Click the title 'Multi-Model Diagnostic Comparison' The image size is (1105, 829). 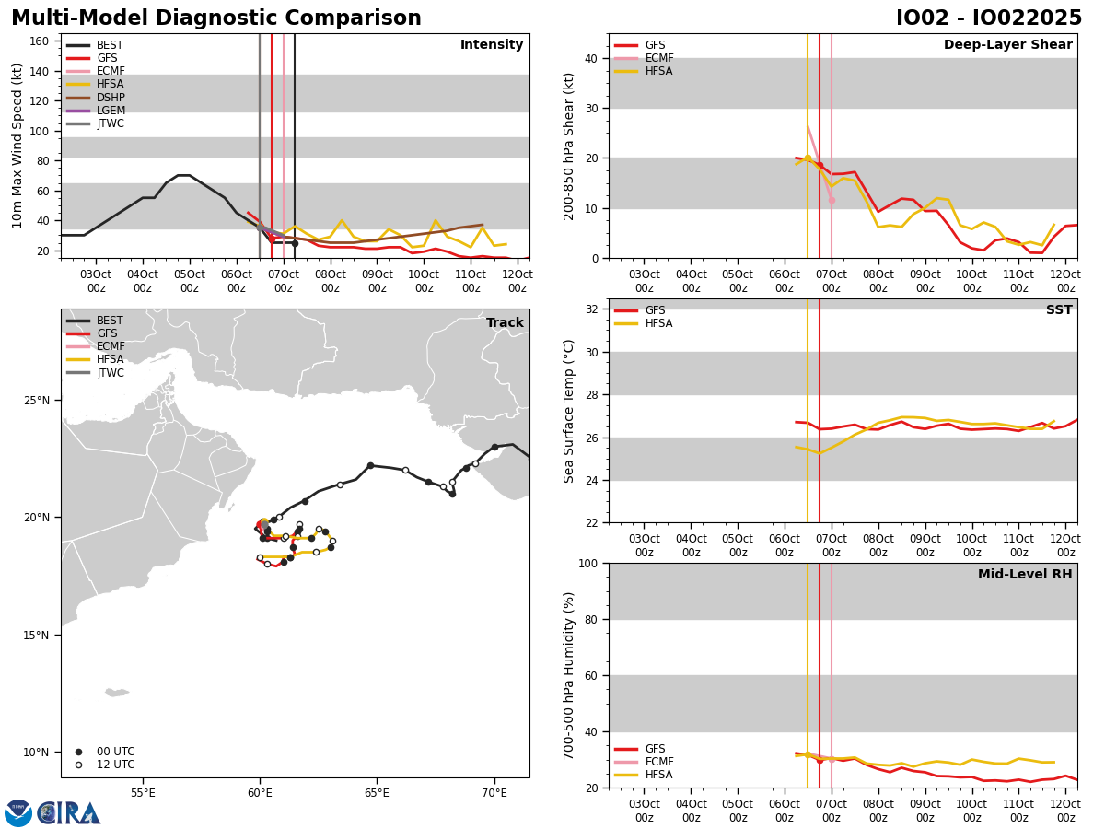tap(216, 18)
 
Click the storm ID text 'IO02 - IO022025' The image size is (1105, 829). tap(989, 18)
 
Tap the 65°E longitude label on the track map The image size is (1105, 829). tap(377, 792)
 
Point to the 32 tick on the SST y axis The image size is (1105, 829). tap(594, 309)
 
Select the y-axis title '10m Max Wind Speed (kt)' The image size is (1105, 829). tap(17, 146)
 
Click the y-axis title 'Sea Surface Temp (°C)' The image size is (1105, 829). tap(570, 411)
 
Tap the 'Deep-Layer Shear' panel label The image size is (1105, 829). tap(1007, 45)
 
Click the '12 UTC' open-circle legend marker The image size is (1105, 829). tap(78, 765)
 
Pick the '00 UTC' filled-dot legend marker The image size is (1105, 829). tap(78, 752)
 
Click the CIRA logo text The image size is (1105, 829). tap(70, 813)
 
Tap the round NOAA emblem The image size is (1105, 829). tap(18, 813)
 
